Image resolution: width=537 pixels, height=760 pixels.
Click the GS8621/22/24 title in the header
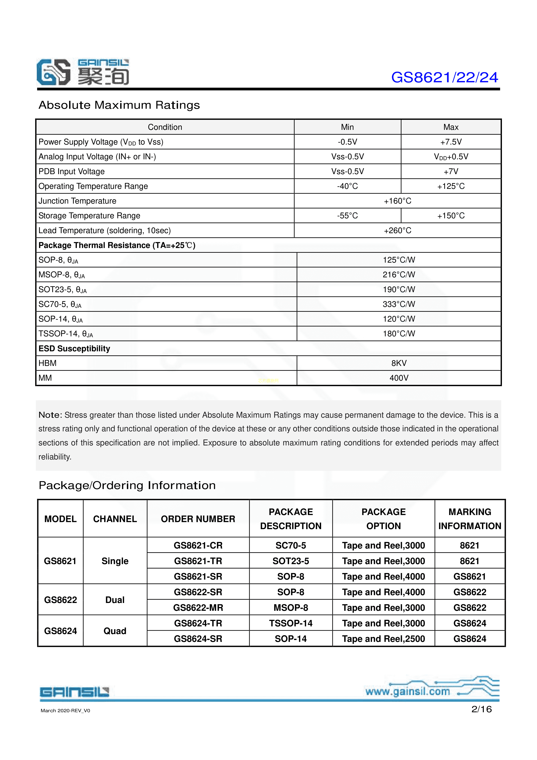[444, 78]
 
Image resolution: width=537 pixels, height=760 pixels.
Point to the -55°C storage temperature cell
[347, 216]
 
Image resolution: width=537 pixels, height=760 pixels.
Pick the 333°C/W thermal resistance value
[399, 304]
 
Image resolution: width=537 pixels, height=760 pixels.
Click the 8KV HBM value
[399, 363]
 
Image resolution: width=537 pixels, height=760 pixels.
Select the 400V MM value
[399, 378]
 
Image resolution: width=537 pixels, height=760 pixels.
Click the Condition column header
[165, 127]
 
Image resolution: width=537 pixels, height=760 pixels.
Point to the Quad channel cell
[115, 631]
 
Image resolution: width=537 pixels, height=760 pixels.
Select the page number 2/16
[481, 709]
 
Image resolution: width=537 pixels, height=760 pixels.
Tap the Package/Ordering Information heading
[127, 485]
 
